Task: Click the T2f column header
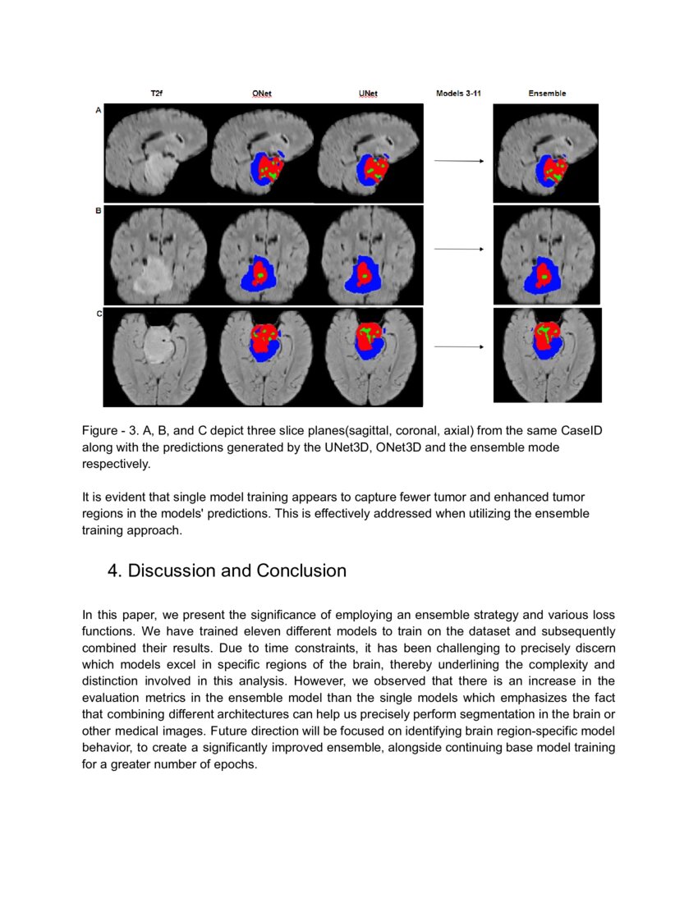point(156,94)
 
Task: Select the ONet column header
point(262,94)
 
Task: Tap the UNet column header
point(368,94)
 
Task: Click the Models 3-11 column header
point(458,94)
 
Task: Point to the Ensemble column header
point(547,94)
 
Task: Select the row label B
point(99,212)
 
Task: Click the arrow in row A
point(458,161)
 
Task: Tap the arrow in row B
point(458,249)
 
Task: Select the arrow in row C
point(458,347)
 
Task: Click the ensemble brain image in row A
point(546,153)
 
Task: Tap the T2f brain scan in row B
point(156,255)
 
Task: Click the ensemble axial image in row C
point(547,355)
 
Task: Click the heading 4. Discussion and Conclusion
point(227,571)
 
